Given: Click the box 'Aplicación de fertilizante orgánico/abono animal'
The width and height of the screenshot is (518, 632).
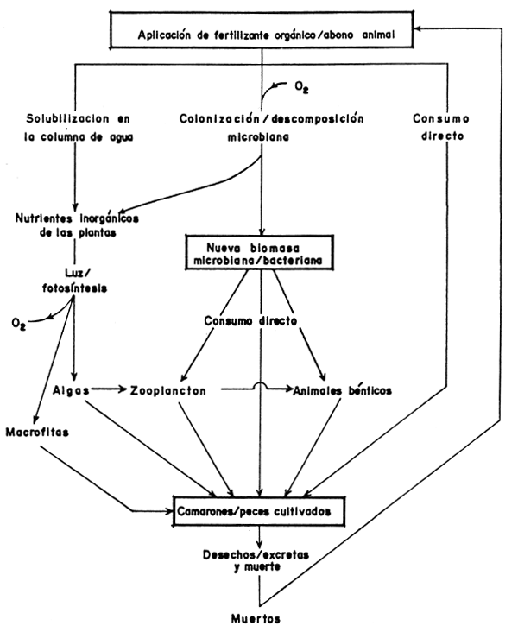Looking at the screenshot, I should [x=260, y=35].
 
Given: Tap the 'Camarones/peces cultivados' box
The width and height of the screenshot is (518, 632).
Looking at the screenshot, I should [x=260, y=512].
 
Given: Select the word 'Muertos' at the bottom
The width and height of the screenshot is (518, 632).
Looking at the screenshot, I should [x=260, y=618].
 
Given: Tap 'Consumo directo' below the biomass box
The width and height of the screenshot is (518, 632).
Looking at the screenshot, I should [x=250, y=321].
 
